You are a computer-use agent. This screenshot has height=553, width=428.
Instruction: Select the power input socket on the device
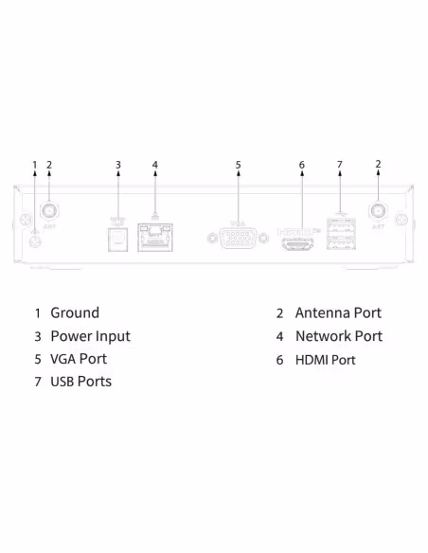[118, 237]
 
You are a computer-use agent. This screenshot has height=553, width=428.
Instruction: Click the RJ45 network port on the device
[154, 236]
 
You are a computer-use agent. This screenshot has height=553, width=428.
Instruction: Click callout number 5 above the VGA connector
[239, 165]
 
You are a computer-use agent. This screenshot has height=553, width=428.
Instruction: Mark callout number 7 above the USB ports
[339, 165]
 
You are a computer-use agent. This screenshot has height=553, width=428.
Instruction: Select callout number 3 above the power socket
[118, 165]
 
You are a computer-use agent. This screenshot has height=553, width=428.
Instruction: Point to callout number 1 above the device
[35, 165]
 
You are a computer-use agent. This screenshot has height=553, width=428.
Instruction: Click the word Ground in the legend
[75, 312]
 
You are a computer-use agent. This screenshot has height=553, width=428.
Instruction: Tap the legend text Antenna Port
[338, 312]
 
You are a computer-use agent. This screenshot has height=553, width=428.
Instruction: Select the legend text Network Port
[339, 336]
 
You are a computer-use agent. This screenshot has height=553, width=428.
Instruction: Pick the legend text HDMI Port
[326, 360]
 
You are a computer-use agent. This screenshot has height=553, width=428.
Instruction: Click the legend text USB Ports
[80, 382]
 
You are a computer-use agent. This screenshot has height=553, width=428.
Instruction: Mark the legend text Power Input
[90, 336]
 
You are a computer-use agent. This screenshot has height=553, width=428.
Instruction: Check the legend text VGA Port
[79, 359]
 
